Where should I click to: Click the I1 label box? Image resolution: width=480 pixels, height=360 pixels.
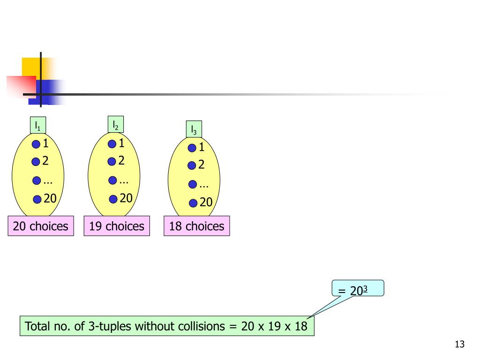tap(37, 126)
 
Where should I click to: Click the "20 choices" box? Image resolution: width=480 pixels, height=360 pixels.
tap(41, 226)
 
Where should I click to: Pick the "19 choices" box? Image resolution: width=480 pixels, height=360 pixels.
tap(117, 226)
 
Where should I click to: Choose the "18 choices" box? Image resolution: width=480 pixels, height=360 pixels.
tap(197, 226)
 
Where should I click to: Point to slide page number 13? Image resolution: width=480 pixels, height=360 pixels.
tap(459, 345)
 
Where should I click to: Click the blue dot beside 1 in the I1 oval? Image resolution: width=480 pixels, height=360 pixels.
tap(36, 144)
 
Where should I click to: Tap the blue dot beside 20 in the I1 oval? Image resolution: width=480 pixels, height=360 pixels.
tap(37, 200)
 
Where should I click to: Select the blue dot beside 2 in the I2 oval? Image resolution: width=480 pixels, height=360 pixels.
tap(112, 162)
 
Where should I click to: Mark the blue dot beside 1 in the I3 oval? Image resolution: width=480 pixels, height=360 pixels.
tap(192, 148)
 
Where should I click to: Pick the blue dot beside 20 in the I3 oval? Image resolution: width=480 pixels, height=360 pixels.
tap(193, 203)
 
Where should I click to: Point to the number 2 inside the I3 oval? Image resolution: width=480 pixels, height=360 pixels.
tap(202, 165)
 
